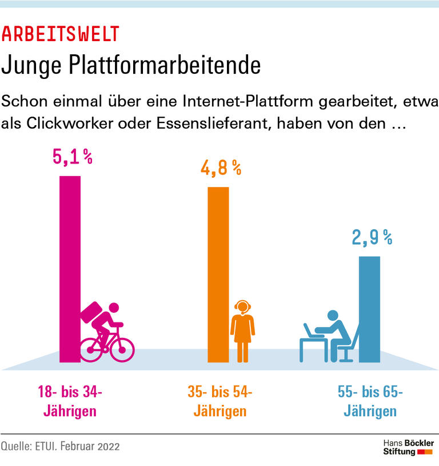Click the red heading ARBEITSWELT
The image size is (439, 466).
pyautogui.click(x=60, y=34)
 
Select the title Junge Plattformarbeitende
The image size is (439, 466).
pyautogui.click(x=131, y=66)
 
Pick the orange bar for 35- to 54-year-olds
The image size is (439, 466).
pyautogui.click(x=218, y=274)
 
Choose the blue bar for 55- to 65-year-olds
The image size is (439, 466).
pyautogui.click(x=369, y=309)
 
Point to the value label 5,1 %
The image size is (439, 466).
pyautogui.click(x=73, y=157)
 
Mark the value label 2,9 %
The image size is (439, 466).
pyautogui.click(x=372, y=237)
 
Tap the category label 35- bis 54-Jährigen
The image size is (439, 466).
pyautogui.click(x=220, y=402)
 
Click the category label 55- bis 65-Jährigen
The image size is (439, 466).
pyautogui.click(x=370, y=402)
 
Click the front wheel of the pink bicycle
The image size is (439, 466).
pyautogui.click(x=122, y=349)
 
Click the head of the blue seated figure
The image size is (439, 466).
pyautogui.click(x=333, y=316)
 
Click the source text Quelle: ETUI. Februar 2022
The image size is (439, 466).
pyautogui.click(x=61, y=447)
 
